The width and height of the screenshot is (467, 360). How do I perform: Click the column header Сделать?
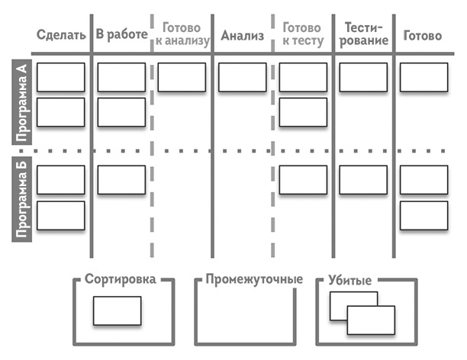point(60,35)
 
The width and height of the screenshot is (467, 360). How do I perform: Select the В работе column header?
point(121,35)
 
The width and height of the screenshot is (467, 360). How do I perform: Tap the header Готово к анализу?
point(182,34)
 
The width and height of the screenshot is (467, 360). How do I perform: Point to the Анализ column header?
point(242,35)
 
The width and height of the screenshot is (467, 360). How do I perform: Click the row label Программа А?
point(22,103)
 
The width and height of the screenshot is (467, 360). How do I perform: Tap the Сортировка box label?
point(121,280)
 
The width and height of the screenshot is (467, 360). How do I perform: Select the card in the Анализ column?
point(242,77)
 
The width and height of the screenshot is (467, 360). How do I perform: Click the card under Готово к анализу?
point(182,77)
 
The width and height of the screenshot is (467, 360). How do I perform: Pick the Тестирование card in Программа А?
point(362,77)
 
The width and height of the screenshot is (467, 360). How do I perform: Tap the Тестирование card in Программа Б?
point(362,180)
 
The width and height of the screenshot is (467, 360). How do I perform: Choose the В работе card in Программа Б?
point(121,180)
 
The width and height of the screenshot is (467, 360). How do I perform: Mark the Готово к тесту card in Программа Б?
point(302,180)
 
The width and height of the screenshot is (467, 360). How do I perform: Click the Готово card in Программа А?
point(424,77)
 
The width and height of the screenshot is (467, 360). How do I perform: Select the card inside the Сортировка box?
point(117,311)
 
